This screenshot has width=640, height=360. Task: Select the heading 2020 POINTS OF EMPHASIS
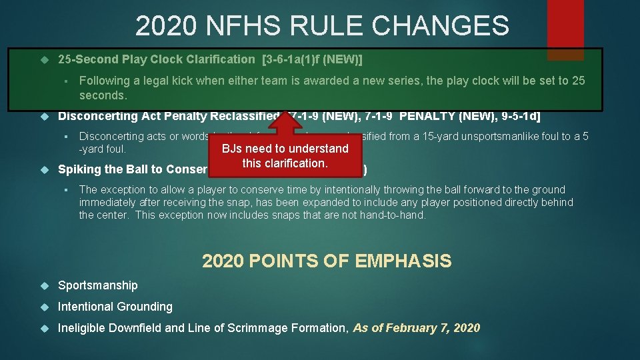pos(327,261)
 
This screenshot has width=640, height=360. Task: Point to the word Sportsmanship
pos(98,285)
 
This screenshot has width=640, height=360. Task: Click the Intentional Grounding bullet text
pos(115,307)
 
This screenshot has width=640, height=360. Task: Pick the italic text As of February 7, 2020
pos(416,328)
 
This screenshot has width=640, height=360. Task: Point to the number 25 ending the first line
pos(578,81)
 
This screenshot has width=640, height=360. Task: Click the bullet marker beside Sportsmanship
pos(45,285)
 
